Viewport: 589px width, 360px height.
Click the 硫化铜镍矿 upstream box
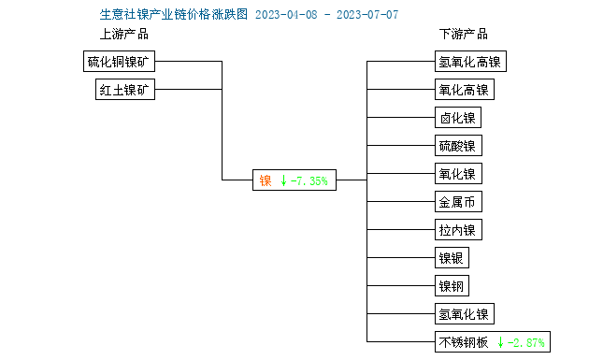[x=119, y=63]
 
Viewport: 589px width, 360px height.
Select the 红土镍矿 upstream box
[x=126, y=91]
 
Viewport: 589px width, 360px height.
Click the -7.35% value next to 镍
[x=309, y=180]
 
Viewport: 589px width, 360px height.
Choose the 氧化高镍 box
[x=464, y=91]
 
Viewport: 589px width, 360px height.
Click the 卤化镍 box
[x=458, y=118]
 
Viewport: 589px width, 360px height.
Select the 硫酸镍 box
[x=458, y=146]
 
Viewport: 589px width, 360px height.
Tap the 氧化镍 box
[x=458, y=174]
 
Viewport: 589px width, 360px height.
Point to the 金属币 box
[x=458, y=202]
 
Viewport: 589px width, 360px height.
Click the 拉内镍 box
[x=458, y=230]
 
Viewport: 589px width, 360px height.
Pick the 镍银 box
[x=452, y=258]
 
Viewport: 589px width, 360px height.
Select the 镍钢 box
[x=452, y=286]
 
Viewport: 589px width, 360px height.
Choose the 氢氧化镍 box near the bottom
[x=464, y=314]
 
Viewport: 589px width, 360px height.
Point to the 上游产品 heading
[x=124, y=35]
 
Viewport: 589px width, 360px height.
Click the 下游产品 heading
[x=464, y=35]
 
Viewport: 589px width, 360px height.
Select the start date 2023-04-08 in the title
[x=285, y=15]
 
